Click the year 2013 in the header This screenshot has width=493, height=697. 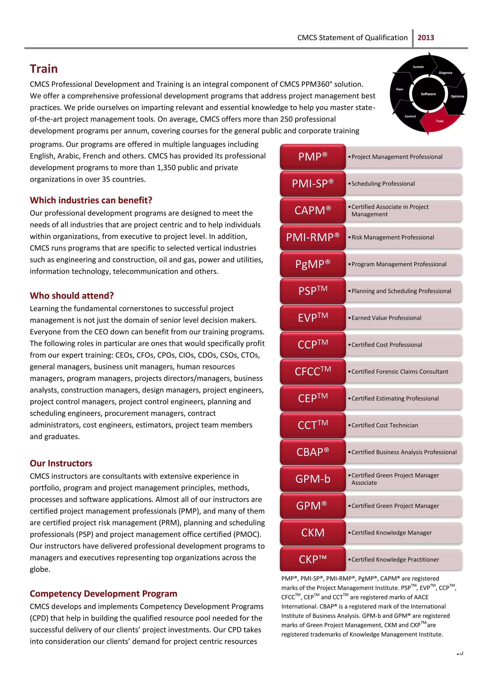426,38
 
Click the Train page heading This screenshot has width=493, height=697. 44,69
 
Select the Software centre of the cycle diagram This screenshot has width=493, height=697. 428,94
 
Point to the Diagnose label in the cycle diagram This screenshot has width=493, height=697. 445,73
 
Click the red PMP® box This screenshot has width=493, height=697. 313,157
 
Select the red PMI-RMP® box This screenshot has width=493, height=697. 313,237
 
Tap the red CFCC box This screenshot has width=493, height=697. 313,371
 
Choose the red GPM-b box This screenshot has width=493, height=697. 313,479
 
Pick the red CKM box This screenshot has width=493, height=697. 313,533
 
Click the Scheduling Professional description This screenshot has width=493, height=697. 383,184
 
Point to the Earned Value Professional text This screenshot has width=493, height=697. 386,318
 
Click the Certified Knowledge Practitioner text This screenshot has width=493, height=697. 395,560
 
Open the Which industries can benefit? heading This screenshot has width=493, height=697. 91,200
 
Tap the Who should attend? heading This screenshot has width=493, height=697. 72,296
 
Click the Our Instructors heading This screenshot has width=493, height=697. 61,463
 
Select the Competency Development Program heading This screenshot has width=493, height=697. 103,594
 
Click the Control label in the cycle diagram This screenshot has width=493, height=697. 410,116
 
